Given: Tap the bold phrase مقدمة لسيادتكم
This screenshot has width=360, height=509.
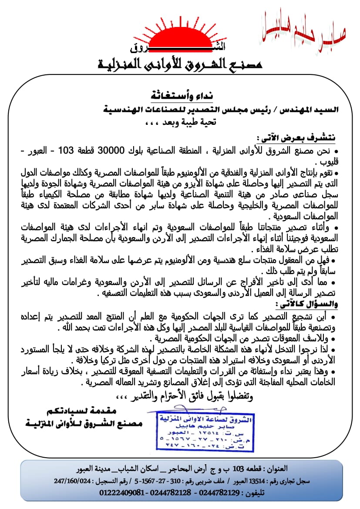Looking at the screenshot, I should tap(82, 411).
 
